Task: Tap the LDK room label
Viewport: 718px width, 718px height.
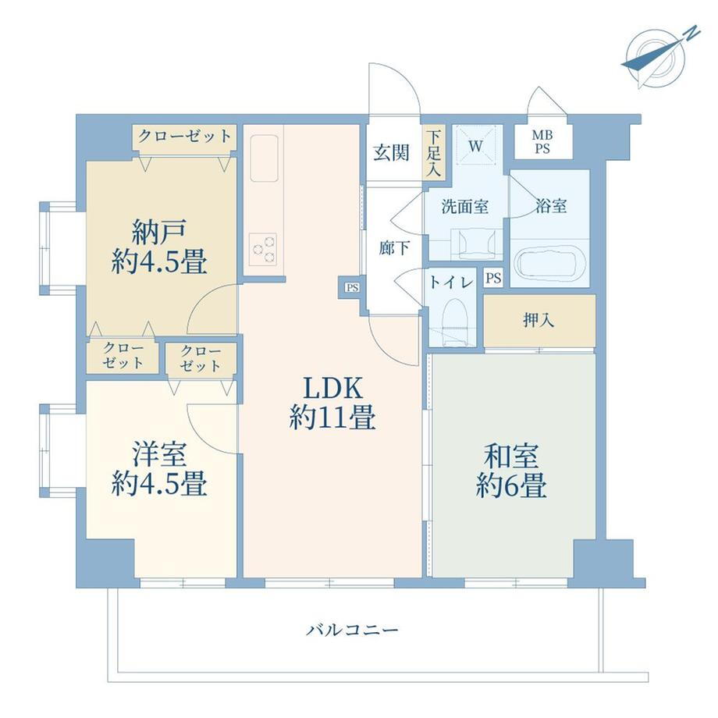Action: (334, 389)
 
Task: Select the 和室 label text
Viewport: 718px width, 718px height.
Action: (511, 456)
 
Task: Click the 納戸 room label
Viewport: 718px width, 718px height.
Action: (159, 232)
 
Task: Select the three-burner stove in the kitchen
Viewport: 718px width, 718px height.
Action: (263, 250)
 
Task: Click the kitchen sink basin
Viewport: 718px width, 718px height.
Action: (264, 158)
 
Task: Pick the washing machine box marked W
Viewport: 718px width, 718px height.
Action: (476, 145)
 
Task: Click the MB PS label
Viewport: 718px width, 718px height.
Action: (542, 142)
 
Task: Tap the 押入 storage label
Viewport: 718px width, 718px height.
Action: (538, 320)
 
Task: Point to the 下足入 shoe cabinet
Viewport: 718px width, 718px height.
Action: (433, 153)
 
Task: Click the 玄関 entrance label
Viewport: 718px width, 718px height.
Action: (392, 152)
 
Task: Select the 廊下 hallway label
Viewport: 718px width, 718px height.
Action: (394, 247)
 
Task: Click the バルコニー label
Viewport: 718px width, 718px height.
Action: (352, 630)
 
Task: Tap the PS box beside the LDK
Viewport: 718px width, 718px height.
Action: (352, 288)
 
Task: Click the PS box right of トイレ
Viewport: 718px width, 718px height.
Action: (493, 278)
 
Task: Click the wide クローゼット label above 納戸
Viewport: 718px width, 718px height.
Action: (185, 136)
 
